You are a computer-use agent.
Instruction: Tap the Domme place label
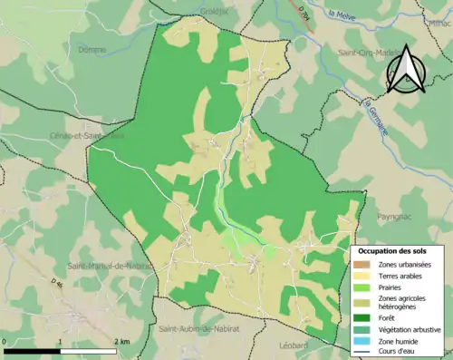(92, 50)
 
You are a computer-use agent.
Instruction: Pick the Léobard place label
(294, 345)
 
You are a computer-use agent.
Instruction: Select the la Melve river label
(344, 15)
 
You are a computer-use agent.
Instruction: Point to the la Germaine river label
(375, 116)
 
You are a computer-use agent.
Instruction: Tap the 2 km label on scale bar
(122, 341)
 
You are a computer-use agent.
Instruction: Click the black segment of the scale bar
(33, 350)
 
